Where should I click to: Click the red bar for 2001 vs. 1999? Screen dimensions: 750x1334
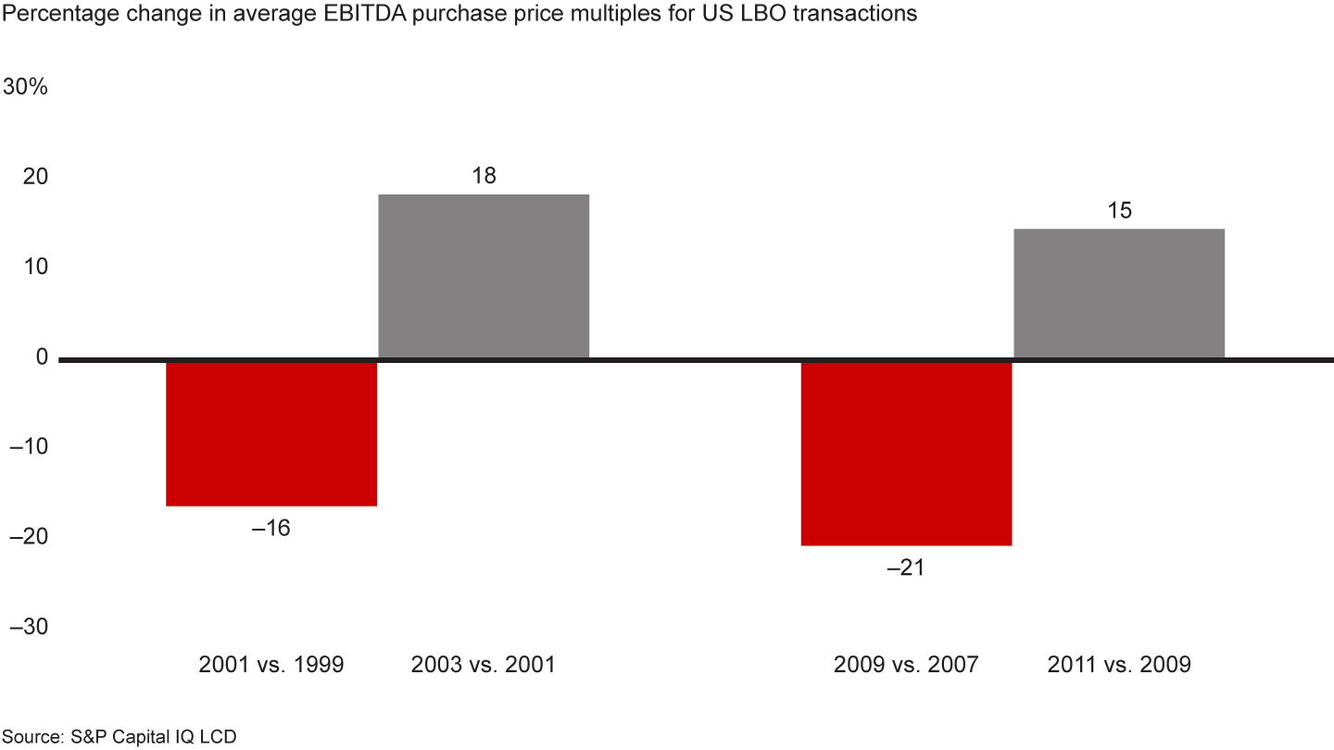coord(271,432)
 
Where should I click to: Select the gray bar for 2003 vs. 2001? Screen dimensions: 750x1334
coord(484,276)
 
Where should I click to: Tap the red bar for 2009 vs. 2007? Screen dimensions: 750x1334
coord(906,453)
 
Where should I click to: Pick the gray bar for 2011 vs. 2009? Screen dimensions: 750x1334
coord(1119,293)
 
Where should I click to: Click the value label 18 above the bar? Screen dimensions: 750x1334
coord(484,176)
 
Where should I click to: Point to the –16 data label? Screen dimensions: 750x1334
coord(271,529)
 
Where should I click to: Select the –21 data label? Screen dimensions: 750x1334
coord(905,568)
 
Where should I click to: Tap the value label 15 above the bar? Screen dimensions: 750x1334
coord(1119,211)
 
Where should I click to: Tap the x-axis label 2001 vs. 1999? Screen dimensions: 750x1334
coord(271,665)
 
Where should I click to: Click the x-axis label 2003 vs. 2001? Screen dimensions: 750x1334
coord(483,665)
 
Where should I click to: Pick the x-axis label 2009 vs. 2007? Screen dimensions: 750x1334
coord(906,665)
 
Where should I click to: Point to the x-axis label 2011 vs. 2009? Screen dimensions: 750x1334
coord(1118,665)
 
